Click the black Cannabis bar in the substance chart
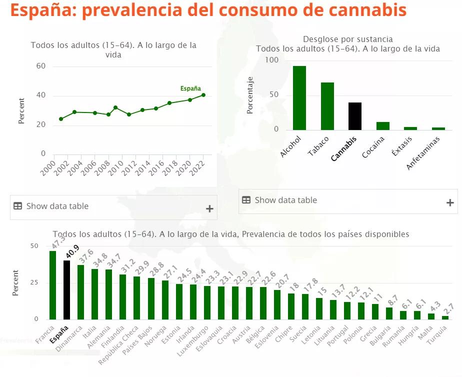355,116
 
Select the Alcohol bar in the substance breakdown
299,98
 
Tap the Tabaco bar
327,106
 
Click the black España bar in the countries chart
66,290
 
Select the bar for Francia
52,285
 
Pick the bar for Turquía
445,317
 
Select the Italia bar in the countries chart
94,294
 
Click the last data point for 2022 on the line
203,95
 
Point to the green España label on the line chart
190,88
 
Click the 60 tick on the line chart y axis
41,66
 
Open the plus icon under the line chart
209,209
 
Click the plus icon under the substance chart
450,202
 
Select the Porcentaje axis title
250,95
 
